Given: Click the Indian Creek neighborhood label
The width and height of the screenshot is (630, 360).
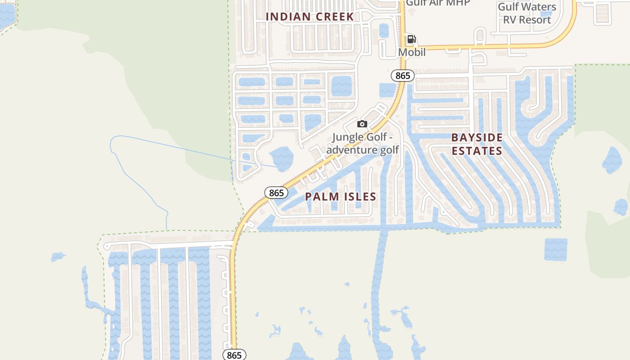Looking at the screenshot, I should point(310,17).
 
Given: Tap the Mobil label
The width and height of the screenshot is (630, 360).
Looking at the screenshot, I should point(412,52).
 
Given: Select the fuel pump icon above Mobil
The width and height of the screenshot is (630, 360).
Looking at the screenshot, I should point(411,39).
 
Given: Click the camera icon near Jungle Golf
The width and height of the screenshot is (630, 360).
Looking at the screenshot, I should point(362,124).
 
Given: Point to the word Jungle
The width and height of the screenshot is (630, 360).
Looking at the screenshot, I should point(348,137).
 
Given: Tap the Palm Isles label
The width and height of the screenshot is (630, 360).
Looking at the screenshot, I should point(340,197).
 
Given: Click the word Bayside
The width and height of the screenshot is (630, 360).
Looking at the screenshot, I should point(477,138).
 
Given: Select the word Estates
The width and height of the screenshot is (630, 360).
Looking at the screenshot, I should point(477,151).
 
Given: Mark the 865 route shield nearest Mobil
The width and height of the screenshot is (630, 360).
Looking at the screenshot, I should point(402,76).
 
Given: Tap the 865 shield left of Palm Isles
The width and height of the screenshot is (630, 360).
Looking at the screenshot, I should point(276,193).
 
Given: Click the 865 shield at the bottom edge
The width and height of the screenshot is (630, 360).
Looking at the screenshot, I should point(234,355).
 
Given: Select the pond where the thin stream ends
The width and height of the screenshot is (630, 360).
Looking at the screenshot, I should point(282,159).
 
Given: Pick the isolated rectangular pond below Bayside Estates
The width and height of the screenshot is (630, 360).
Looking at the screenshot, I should point(556,250).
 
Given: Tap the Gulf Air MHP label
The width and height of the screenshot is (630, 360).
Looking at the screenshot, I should point(438,3).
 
